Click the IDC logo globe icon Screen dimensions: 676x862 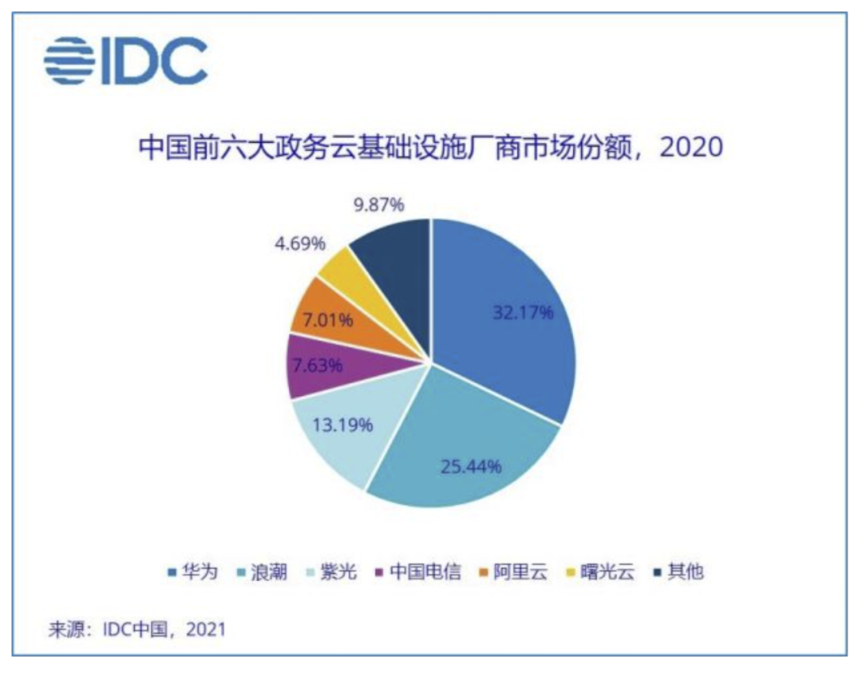69,60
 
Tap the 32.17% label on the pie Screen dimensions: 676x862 523,312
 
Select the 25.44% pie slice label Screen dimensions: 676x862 471,465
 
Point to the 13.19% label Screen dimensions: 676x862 342,424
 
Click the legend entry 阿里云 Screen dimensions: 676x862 519,571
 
